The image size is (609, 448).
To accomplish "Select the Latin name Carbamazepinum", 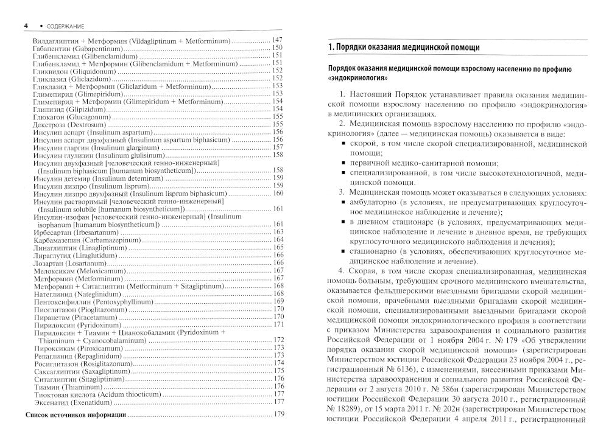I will [104, 240].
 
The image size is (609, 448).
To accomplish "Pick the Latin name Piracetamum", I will [92, 317].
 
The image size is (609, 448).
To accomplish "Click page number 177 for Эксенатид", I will [278, 402].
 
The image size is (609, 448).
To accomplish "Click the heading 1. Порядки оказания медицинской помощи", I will [403, 47].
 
